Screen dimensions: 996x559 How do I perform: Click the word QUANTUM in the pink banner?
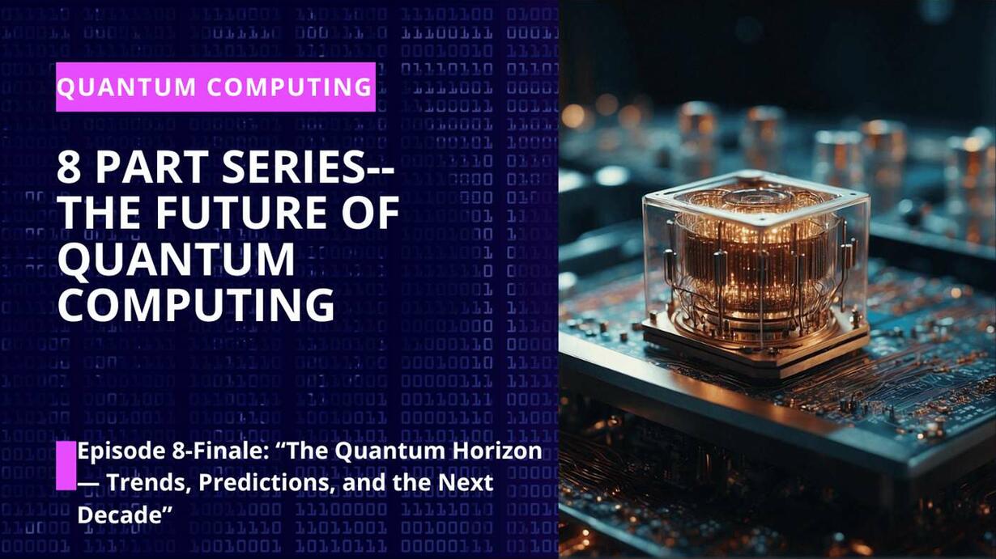[126, 87]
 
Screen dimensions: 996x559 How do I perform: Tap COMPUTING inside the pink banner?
[289, 87]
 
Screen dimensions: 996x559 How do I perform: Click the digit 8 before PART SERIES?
[69, 167]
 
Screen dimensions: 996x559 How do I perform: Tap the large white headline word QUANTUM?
[177, 260]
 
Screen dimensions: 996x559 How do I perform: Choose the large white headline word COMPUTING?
[196, 304]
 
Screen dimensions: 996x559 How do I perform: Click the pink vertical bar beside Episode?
[66, 465]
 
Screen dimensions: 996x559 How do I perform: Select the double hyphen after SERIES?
[381, 169]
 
